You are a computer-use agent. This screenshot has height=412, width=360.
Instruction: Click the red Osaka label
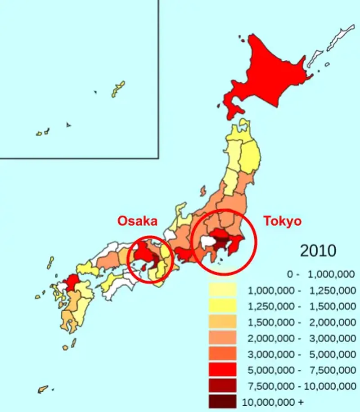point(137,221)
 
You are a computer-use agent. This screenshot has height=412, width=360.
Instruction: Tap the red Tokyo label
point(282,221)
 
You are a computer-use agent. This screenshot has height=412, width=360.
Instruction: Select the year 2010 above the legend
point(318,250)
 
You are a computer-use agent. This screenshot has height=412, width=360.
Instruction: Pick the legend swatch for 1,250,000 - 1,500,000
point(222,306)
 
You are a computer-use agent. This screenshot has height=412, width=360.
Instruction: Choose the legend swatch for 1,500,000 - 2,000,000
point(222,322)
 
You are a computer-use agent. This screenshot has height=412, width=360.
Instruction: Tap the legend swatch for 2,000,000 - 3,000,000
point(222,338)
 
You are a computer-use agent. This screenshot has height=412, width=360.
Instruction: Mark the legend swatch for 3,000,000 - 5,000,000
point(222,354)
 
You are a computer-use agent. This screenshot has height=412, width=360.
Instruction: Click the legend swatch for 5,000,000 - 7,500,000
point(222,370)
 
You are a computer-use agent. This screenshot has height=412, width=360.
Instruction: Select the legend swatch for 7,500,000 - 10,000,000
point(222,386)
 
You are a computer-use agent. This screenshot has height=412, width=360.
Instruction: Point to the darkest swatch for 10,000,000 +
point(222,401)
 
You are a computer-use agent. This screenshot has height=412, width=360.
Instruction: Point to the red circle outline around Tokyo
point(256,241)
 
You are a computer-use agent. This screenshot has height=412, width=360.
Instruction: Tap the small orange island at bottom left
point(43,389)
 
